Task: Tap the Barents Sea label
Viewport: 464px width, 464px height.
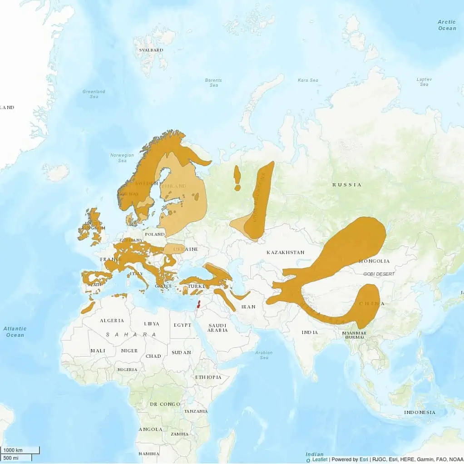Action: [213, 83]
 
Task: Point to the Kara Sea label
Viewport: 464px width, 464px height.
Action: [308, 80]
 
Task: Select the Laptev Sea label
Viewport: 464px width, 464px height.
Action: [424, 82]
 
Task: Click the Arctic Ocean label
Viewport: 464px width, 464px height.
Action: [447, 25]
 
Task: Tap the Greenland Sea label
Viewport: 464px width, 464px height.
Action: [94, 94]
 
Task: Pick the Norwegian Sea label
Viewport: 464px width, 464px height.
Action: [122, 158]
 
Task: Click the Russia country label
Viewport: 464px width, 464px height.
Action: [347, 185]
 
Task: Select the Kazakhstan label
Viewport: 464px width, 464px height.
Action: [285, 252]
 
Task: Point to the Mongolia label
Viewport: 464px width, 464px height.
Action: [374, 261]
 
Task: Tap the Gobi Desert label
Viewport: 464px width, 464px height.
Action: [379, 274]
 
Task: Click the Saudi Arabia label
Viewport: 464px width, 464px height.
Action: [217, 328]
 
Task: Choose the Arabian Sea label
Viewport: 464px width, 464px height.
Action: [264, 355]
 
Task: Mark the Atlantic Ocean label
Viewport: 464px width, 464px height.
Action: [15, 331]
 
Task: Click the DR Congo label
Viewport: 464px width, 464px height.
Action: [165, 404]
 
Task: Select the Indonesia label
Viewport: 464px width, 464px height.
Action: [420, 413]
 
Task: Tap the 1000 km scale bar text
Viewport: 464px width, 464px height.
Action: [13, 450]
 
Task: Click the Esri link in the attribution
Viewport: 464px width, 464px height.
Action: [364, 459]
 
